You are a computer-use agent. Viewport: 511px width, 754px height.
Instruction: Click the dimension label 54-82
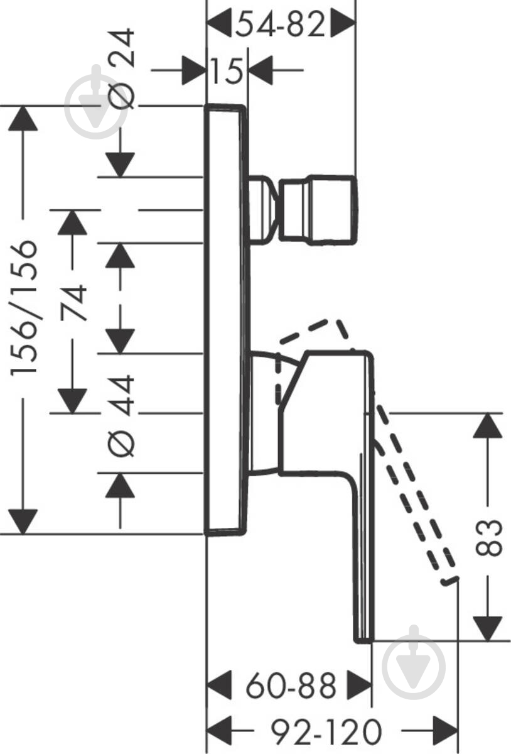pos(280,24)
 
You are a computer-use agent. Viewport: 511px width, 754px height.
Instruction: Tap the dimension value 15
pos(227,70)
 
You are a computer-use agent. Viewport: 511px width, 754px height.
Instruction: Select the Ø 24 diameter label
pos(121,68)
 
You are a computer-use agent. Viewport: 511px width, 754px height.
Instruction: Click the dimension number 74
pos(73,302)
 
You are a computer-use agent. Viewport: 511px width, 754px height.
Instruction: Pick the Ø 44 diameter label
pos(121,416)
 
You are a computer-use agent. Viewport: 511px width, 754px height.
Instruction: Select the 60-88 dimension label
pos(291,686)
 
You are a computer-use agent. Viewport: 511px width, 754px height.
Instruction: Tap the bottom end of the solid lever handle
pos(364,642)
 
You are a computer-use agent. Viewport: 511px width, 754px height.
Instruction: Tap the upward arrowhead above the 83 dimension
pos(488,425)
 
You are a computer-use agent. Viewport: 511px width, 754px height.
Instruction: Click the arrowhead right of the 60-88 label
pos(359,686)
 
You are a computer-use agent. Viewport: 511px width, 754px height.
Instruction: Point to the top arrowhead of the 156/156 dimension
pos(23,118)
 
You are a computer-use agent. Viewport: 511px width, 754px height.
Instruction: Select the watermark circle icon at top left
pos(97,106)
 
